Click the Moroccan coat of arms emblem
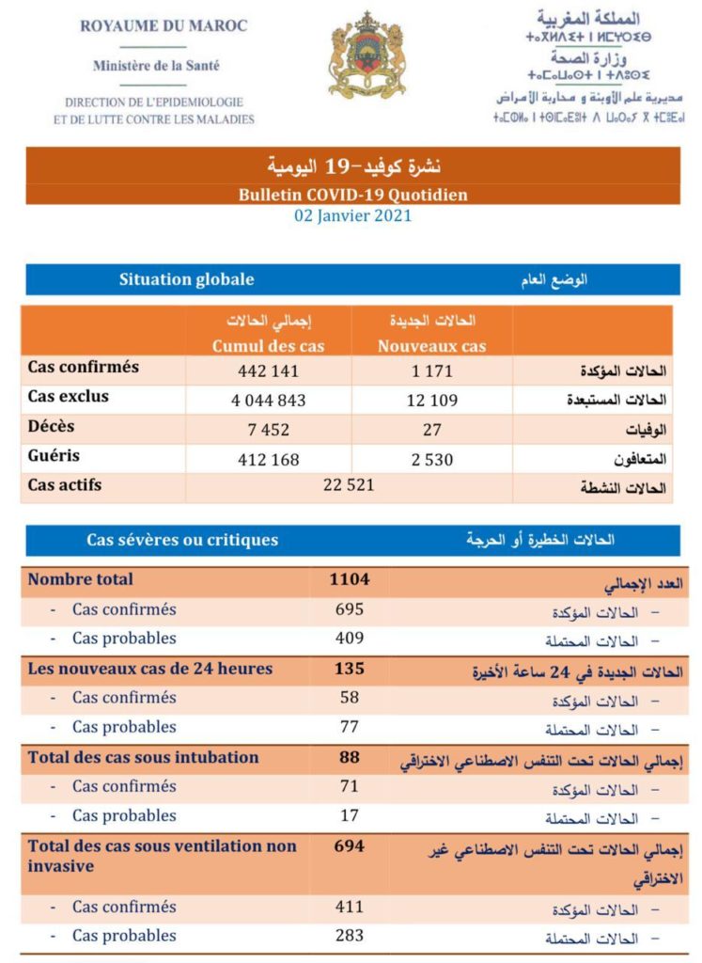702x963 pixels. [x=367, y=56]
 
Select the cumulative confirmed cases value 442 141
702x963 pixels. [x=268, y=371]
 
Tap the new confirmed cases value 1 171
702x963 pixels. [x=431, y=371]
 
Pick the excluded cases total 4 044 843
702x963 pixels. [x=268, y=400]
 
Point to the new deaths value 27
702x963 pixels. [x=431, y=429]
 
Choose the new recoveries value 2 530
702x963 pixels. [x=431, y=459]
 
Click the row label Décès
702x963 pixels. [x=52, y=426]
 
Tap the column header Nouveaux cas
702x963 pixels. [x=431, y=346]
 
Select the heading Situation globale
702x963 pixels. [x=186, y=279]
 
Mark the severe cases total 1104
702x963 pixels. [x=349, y=580]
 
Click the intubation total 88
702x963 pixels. [x=349, y=757]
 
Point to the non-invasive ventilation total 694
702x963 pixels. [x=349, y=846]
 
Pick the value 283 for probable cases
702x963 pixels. [x=349, y=936]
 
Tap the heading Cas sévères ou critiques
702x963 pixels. [x=182, y=540]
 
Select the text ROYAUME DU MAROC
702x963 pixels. [x=164, y=26]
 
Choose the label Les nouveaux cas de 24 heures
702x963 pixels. [x=150, y=669]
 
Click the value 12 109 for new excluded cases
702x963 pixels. [x=431, y=400]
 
